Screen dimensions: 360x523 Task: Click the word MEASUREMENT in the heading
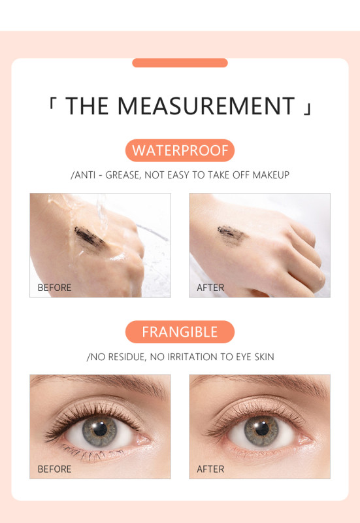tap(206, 106)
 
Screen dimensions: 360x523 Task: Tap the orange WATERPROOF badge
tap(180, 150)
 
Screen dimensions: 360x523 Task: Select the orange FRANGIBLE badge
tap(180, 332)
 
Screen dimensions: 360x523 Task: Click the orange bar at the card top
tap(180, 63)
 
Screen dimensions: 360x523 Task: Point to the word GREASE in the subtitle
tap(123, 175)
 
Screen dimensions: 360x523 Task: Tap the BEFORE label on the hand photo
tap(54, 288)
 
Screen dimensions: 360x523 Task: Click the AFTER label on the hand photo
tap(210, 288)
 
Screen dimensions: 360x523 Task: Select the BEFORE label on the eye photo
tap(54, 469)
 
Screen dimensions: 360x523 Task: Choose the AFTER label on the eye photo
tap(210, 469)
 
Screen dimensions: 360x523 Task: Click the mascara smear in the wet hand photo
tap(90, 238)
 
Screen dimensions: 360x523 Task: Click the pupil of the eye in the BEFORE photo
tap(101, 430)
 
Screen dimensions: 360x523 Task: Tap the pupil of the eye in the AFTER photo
tap(262, 429)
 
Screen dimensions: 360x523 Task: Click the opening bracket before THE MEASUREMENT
tap(52, 103)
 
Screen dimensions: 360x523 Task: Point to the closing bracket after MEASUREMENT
tap(308, 109)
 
